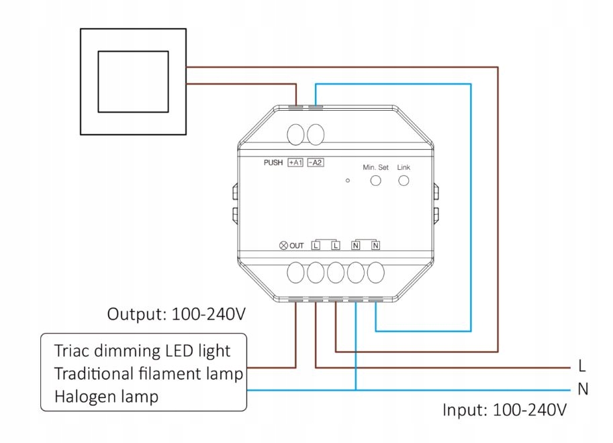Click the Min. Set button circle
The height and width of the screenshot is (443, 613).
click(377, 181)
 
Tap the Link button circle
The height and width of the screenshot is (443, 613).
click(404, 181)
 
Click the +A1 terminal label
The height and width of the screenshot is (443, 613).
click(295, 162)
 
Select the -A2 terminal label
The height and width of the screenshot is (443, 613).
click(316, 162)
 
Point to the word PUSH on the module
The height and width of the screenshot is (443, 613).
click(273, 162)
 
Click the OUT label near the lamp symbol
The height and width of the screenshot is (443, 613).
click(297, 246)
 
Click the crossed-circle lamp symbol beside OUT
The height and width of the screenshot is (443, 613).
click(283, 246)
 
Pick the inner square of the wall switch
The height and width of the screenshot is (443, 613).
click(133, 82)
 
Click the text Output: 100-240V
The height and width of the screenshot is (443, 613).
click(177, 313)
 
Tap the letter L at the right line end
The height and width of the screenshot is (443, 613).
click(582, 366)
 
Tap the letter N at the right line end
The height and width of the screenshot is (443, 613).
click(582, 389)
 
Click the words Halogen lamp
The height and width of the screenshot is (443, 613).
click(107, 396)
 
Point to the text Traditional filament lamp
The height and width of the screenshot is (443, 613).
click(148, 373)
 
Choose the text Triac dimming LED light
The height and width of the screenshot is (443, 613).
click(143, 350)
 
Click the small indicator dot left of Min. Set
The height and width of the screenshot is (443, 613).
click(348, 181)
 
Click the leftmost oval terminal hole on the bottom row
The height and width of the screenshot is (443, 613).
click(296, 273)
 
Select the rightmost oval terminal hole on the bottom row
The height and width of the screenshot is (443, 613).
click(376, 273)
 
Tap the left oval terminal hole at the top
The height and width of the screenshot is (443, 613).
click(296, 134)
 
